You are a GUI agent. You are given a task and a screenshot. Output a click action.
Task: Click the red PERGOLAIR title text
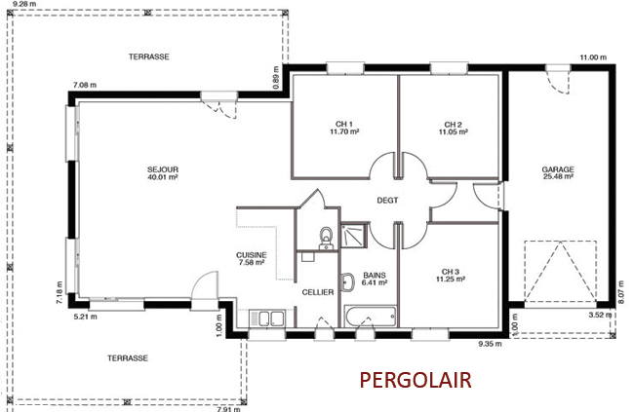click(416, 380)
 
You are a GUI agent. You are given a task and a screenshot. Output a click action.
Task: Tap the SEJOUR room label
click(163, 169)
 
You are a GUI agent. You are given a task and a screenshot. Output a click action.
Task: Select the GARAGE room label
click(558, 169)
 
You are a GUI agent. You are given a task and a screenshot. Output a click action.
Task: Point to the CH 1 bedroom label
click(344, 125)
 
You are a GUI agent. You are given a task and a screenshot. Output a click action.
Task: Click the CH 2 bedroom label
click(453, 125)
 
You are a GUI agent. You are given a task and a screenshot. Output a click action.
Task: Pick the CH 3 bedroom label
click(450, 272)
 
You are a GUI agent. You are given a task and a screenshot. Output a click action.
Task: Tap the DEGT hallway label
click(387, 201)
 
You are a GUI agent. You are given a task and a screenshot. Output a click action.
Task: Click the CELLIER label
click(318, 292)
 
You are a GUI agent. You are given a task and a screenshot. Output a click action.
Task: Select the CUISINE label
click(252, 255)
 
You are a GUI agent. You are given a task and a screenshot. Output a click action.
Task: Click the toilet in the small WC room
click(326, 239)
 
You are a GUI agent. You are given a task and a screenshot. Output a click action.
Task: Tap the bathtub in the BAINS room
click(370, 317)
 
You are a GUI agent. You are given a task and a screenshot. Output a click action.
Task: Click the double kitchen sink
click(267, 318)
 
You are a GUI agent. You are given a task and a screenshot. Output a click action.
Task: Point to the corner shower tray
click(354, 235)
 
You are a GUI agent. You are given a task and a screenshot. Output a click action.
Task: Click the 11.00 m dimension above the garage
click(593, 57)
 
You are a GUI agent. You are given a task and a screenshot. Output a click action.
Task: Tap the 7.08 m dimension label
click(85, 86)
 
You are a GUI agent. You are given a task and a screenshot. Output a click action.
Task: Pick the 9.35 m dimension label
click(490, 344)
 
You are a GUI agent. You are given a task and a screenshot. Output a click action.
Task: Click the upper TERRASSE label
click(149, 56)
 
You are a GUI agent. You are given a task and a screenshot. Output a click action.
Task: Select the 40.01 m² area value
click(163, 177)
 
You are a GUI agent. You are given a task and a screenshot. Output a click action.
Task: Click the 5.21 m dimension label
click(85, 317)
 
